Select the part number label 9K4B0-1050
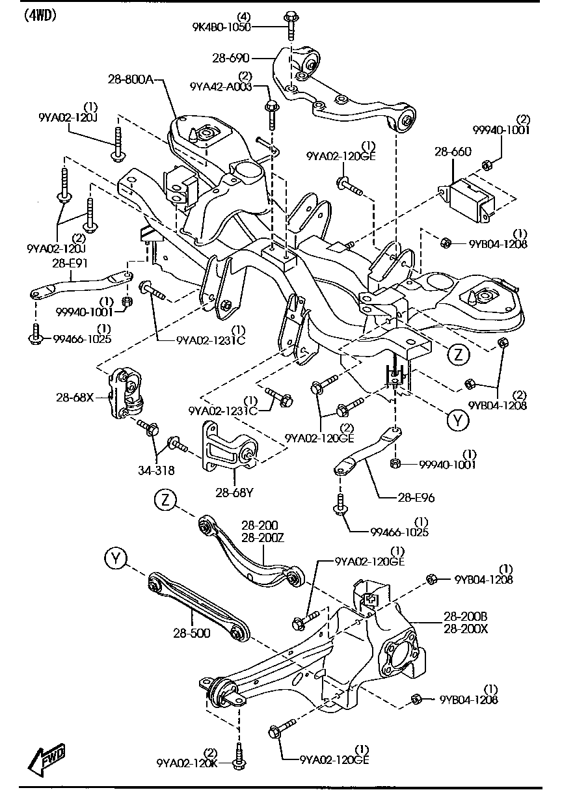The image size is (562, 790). tap(221, 27)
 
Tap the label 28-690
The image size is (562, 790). tap(231, 58)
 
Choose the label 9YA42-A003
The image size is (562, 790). tap(221, 87)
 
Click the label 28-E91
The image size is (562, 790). tap(70, 264)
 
